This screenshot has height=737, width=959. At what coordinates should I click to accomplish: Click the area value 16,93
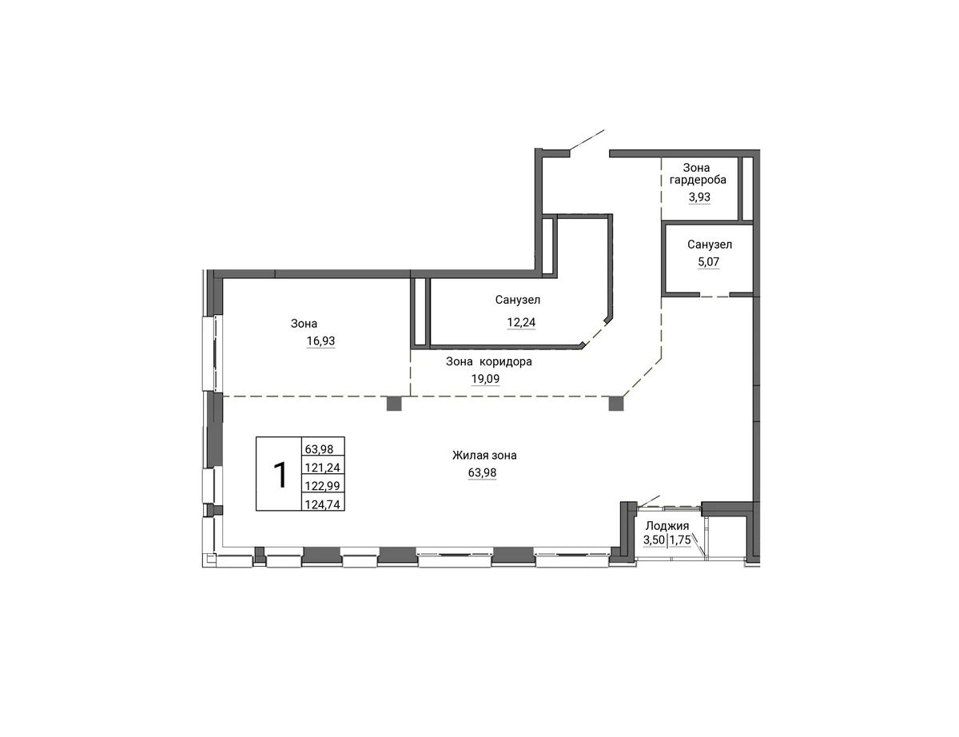click(320, 341)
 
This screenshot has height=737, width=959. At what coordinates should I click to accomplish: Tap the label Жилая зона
click(484, 455)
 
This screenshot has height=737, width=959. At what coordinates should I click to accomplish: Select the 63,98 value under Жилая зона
click(482, 472)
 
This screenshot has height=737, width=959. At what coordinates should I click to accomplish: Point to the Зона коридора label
click(488, 361)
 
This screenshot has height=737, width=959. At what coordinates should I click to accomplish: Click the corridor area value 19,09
click(485, 379)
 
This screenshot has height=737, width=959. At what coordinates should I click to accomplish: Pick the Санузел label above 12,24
click(517, 300)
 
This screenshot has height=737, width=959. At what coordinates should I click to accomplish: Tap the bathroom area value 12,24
click(521, 323)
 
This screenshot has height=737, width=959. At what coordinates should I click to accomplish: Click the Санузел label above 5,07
click(709, 245)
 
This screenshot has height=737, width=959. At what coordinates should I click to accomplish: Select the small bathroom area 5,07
click(708, 261)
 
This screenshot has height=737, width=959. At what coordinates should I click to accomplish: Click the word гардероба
click(698, 180)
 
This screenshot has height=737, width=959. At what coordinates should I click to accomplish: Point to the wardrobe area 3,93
click(699, 197)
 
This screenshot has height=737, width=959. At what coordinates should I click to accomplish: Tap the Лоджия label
click(667, 526)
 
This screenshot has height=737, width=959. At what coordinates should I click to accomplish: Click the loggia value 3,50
click(654, 540)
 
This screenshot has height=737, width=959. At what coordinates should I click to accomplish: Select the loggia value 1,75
click(680, 540)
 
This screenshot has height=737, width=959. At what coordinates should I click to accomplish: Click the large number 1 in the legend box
click(281, 475)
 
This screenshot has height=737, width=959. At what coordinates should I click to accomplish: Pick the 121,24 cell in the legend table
click(323, 468)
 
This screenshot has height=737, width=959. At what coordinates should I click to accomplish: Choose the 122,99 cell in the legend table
click(323, 486)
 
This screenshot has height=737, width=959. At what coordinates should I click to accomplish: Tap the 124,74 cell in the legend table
click(323, 504)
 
